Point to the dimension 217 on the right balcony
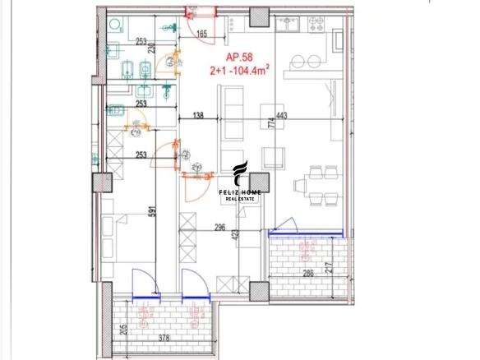tap(351, 267)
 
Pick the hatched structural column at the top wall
tap(260, 17)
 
